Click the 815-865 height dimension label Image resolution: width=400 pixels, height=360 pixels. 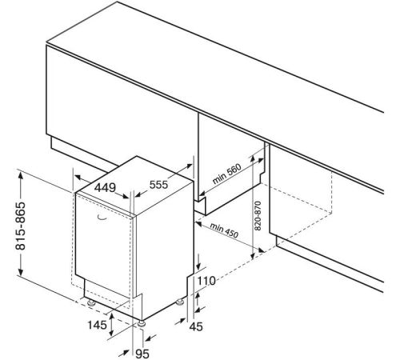(x=21, y=226)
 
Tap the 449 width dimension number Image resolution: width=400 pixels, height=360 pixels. (x=105, y=188)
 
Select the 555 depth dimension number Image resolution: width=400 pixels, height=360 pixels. (x=158, y=185)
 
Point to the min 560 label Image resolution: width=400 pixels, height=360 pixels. (x=227, y=174)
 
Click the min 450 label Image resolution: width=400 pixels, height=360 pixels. (x=224, y=230)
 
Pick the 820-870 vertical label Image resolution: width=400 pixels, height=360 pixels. (x=258, y=216)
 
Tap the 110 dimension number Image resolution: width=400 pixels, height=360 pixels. (x=206, y=281)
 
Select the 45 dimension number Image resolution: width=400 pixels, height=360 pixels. (x=196, y=326)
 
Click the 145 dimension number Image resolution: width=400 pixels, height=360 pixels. (x=98, y=325)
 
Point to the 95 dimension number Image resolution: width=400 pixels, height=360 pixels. (x=142, y=354)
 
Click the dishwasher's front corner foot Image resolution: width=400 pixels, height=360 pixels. (x=142, y=324)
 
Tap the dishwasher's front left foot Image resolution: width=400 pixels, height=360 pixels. (x=91, y=303)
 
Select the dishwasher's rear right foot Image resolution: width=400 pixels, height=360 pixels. (x=180, y=302)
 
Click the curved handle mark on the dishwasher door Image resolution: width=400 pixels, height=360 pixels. (x=102, y=218)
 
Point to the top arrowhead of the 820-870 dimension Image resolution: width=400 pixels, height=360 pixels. (x=252, y=159)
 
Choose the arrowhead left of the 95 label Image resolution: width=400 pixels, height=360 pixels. (x=123, y=354)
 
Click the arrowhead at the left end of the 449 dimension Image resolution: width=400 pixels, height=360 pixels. (x=78, y=177)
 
